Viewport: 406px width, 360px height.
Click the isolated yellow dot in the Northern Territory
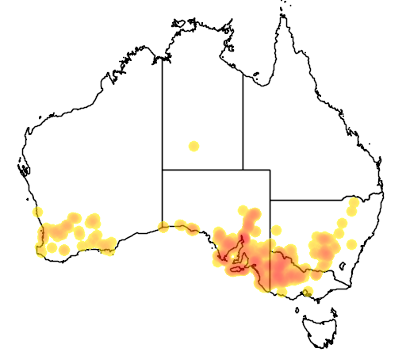click(x=193, y=146)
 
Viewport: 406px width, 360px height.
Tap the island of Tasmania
click(x=321, y=327)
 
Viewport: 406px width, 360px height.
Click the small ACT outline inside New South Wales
click(x=343, y=266)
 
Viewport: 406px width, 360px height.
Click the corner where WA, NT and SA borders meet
click(x=163, y=169)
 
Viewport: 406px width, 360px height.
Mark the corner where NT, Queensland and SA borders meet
click(x=243, y=169)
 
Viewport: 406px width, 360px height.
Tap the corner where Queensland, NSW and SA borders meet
click(x=270, y=201)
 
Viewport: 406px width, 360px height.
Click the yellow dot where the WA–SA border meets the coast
click(x=163, y=228)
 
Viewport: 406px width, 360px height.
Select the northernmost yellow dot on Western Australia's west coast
click(x=37, y=213)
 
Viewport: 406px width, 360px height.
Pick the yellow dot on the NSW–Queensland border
click(x=353, y=203)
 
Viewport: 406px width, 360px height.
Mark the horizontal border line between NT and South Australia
click(x=202, y=169)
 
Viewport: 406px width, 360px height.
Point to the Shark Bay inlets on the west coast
click(x=25, y=168)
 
